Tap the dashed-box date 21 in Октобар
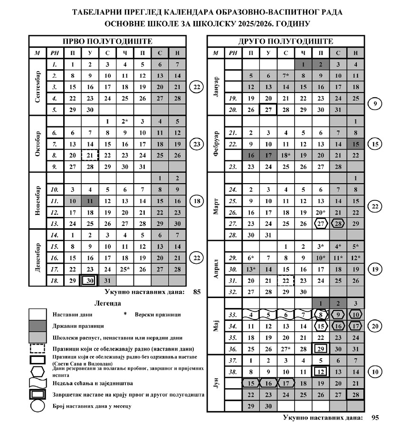(90, 155)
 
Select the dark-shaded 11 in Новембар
(90, 201)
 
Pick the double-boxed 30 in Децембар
(90, 280)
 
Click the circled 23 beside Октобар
(196, 143)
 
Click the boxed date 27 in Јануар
(268, 110)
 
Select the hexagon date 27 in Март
(321, 224)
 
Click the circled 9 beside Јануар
(375, 103)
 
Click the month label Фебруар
(216, 143)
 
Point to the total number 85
(197, 292)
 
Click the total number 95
(375, 418)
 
